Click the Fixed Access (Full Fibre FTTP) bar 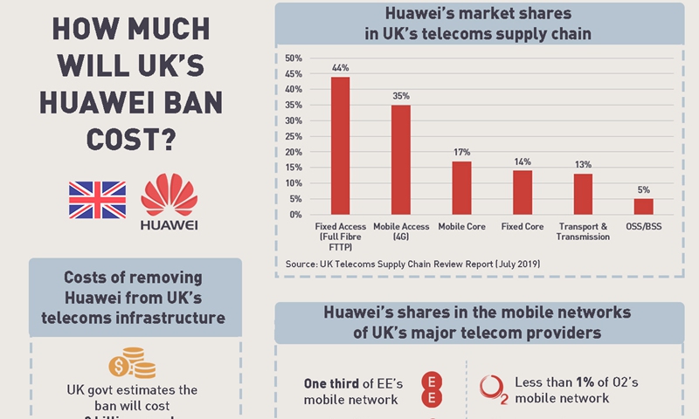point(340,146)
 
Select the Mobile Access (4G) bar point(401,160)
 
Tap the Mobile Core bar point(461,188)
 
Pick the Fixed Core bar point(523,192)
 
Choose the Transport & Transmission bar point(583,194)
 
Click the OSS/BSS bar point(643,207)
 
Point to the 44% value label point(340,68)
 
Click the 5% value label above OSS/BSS point(643,190)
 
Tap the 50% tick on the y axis point(294,58)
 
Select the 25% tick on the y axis point(294,136)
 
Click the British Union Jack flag point(97,200)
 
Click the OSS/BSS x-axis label point(643,227)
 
